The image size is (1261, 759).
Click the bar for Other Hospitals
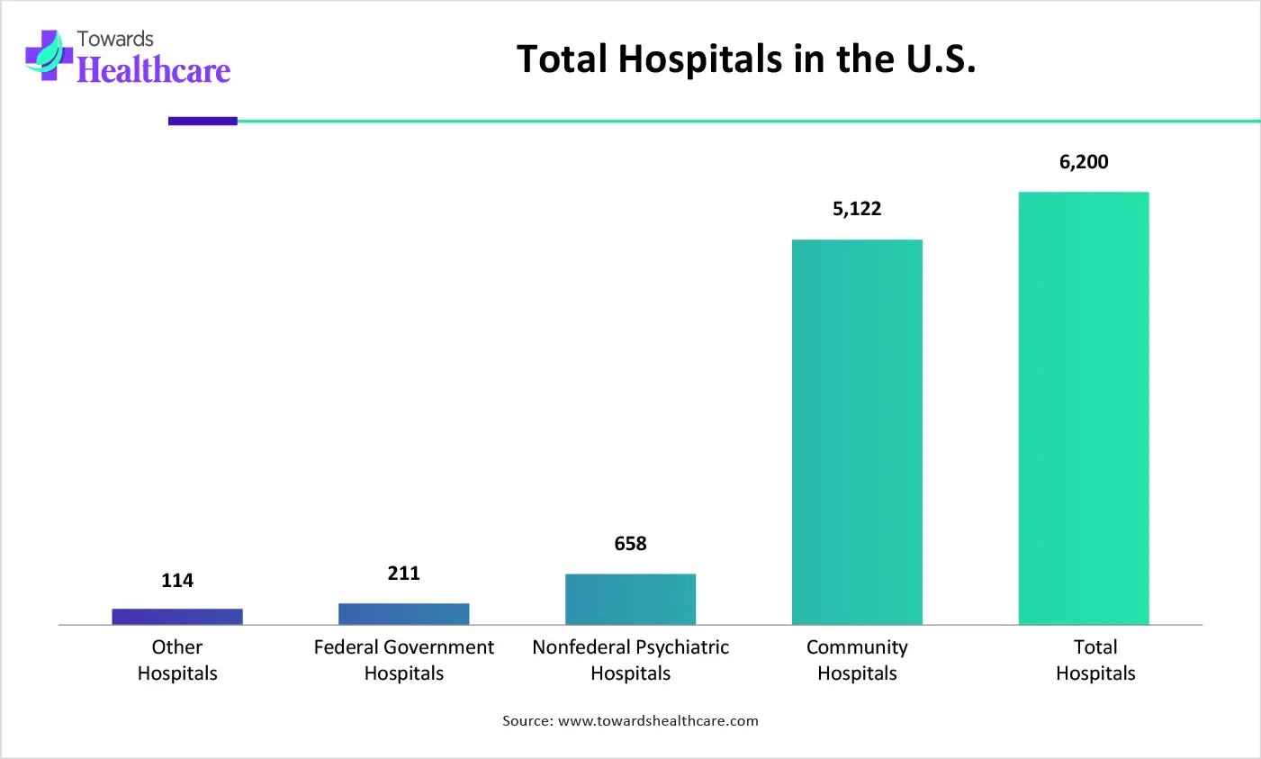pos(177,617)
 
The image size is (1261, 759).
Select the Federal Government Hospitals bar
pos(403,614)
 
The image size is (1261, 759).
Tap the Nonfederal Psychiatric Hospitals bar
pos(630,599)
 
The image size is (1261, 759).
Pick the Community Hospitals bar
pos(857,432)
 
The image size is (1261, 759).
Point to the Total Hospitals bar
pos(1084,408)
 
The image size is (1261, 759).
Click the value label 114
pos(177,581)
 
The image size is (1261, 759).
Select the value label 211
pos(403,574)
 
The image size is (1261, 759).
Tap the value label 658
pos(630,544)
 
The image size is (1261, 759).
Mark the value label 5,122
pos(857,209)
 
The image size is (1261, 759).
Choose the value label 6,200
pos(1084,162)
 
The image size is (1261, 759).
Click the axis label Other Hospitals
pos(177,660)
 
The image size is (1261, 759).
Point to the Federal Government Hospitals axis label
pos(403,660)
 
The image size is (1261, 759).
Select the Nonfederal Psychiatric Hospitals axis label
pos(630,660)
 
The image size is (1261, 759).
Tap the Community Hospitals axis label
pos(857,660)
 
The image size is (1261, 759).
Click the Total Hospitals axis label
pos(1095,660)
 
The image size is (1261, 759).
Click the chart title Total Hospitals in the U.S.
pos(746,59)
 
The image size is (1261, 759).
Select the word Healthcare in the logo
pos(153,70)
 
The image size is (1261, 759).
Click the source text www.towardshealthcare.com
pos(658,721)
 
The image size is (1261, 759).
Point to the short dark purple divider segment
pos(203,121)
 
